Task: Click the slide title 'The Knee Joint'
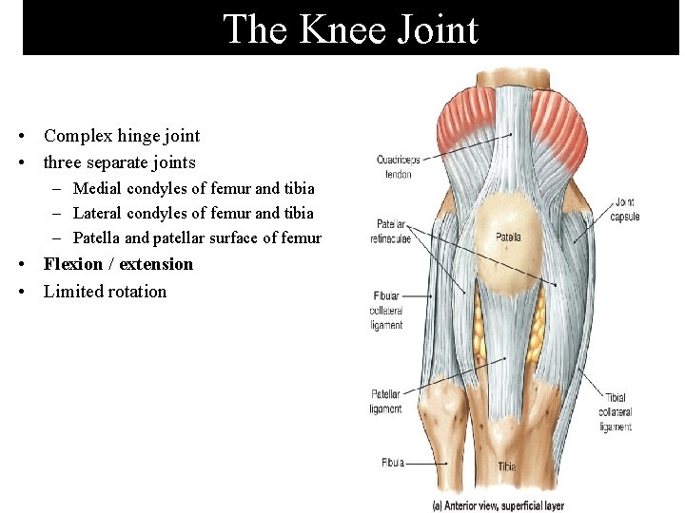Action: coord(350,29)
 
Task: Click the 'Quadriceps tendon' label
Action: coord(398,166)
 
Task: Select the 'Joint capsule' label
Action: coord(625,209)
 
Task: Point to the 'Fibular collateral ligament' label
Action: coord(387,311)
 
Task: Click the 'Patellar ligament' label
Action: coord(385,402)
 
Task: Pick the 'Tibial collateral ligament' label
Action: coord(616,412)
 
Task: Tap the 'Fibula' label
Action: coord(392,463)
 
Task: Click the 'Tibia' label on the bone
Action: coord(506,466)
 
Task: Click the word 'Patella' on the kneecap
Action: coord(507,237)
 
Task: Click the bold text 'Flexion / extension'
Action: coord(118,264)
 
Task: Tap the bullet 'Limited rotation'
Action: coord(105,292)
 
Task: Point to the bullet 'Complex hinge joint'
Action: coord(122,136)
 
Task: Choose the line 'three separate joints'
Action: coord(120,162)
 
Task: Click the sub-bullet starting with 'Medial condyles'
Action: coord(193,188)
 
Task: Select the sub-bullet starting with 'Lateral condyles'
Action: coord(193,213)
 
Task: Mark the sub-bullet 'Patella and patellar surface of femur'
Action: coord(197,237)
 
